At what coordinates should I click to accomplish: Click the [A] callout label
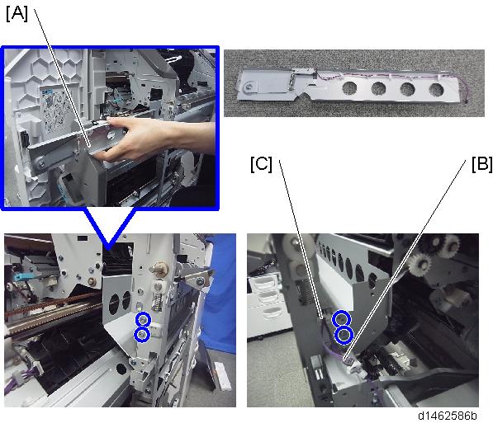pyautogui.click(x=17, y=14)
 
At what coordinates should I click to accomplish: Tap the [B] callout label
pyautogui.click(x=481, y=164)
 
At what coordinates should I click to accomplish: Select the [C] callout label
pyautogui.click(x=261, y=164)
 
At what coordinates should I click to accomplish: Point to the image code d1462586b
pyautogui.click(x=447, y=416)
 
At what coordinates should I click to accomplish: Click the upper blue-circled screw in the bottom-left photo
pyautogui.click(x=143, y=320)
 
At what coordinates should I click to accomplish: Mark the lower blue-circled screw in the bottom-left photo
pyautogui.click(x=142, y=335)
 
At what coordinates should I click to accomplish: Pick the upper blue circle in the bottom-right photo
pyautogui.click(x=341, y=319)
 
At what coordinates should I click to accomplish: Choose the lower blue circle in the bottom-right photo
pyautogui.click(x=344, y=336)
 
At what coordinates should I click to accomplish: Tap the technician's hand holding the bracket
pyautogui.click(x=148, y=139)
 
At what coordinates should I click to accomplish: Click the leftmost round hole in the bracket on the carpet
pyautogui.click(x=349, y=88)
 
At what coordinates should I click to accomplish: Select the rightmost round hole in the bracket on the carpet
pyautogui.click(x=436, y=90)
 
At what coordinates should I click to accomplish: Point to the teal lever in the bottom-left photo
pyautogui.click(x=19, y=277)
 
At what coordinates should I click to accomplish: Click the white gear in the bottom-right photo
pyautogui.click(x=420, y=265)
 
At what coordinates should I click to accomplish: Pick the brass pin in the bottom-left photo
pyautogui.click(x=160, y=269)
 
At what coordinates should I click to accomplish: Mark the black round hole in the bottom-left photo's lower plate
pyautogui.click(x=121, y=368)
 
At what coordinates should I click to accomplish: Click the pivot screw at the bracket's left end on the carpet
pyautogui.click(x=249, y=86)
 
